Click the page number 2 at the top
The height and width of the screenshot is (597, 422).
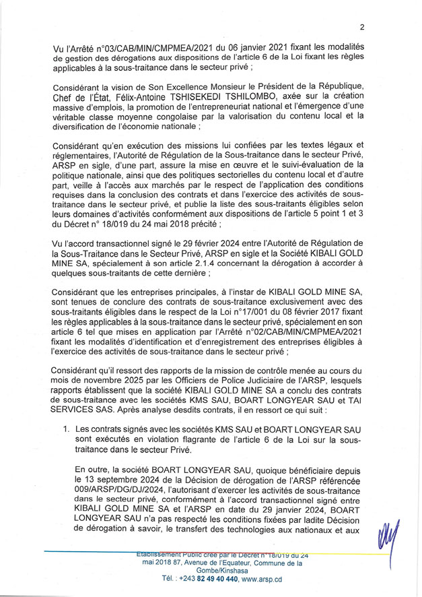pyautogui.click(x=361, y=28)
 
